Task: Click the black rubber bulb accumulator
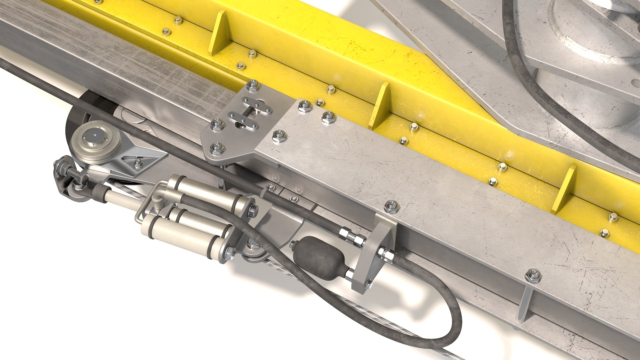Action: (317, 257)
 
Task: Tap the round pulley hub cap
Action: (95, 136)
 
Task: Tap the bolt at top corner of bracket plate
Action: (254, 86)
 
